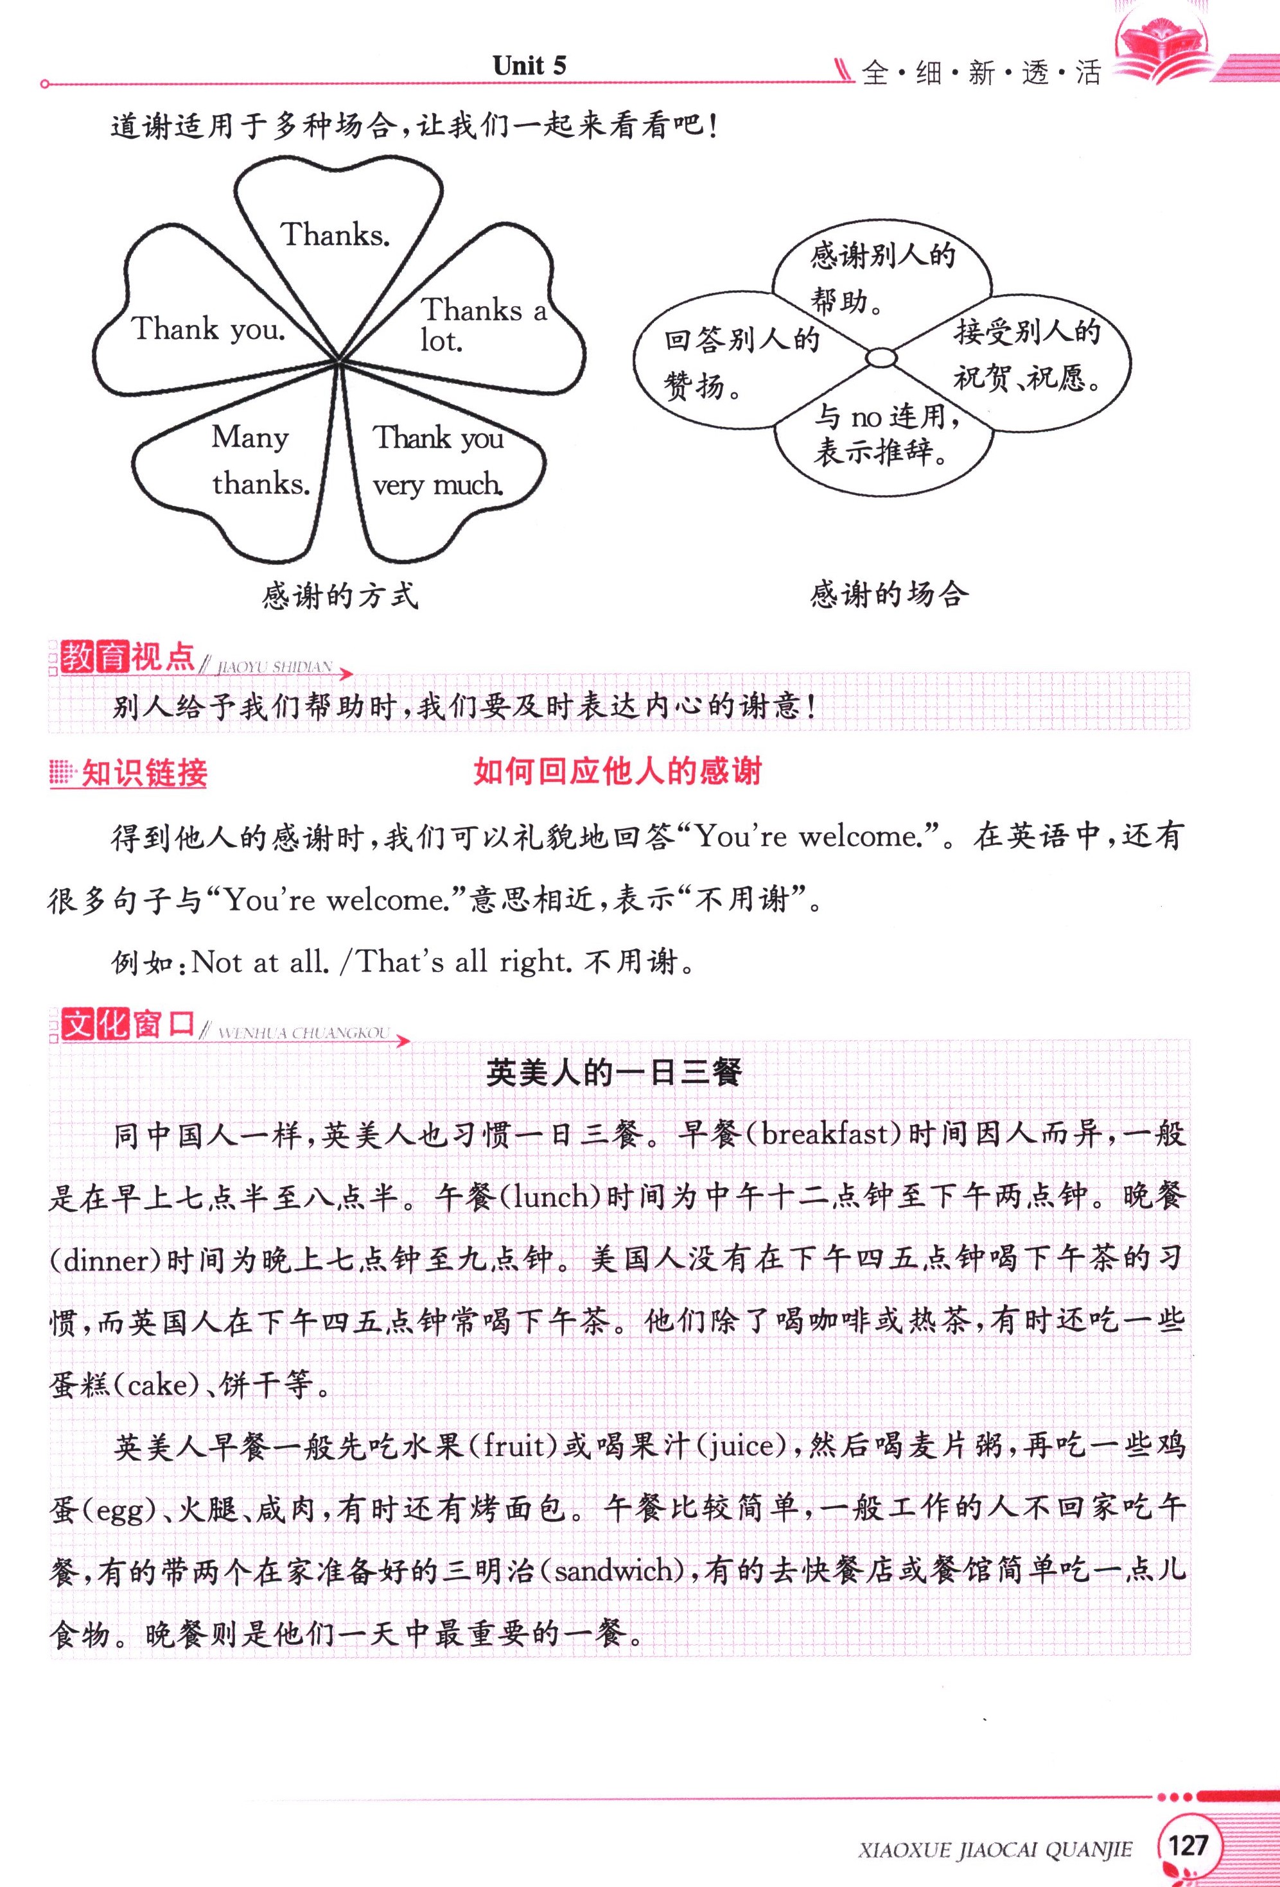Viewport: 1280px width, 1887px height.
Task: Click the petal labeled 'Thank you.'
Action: click(208, 329)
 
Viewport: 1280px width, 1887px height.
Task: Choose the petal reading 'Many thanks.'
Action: click(260, 460)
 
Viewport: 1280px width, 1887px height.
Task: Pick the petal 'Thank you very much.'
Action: click(438, 460)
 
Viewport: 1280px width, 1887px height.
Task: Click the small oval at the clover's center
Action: click(881, 357)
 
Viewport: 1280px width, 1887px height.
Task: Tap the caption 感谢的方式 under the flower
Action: click(340, 596)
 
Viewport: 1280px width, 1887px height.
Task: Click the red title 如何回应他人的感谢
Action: click(617, 771)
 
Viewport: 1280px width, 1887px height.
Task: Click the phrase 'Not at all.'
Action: click(260, 962)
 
